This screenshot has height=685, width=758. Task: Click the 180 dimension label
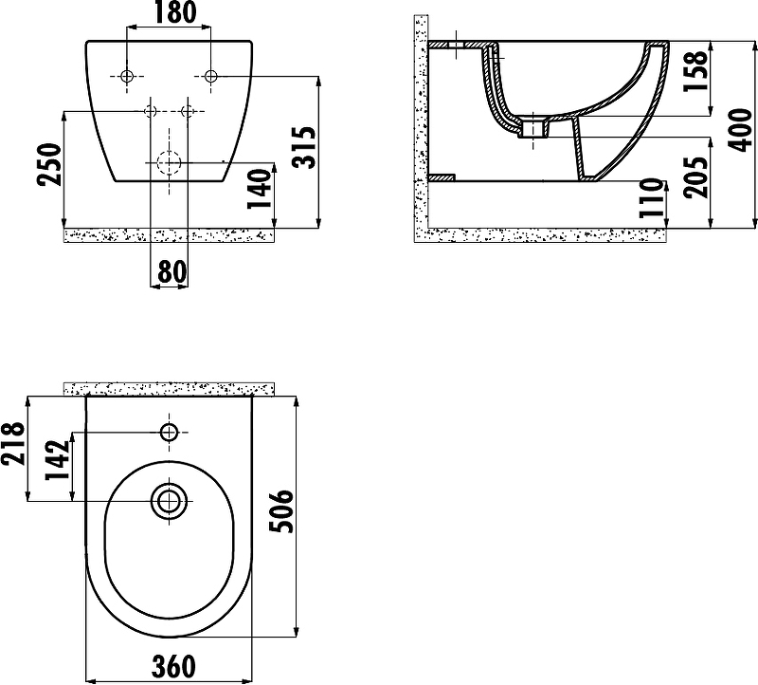click(x=175, y=12)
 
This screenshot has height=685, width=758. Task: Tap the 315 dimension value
click(x=304, y=148)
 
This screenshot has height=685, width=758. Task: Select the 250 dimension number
click(x=49, y=164)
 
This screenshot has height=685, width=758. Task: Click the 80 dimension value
click(x=171, y=271)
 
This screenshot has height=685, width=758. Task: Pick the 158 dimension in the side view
click(x=695, y=71)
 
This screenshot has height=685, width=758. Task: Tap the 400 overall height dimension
click(x=740, y=130)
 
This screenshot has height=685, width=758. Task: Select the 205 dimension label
click(x=695, y=177)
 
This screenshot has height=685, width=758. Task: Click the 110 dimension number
click(x=650, y=198)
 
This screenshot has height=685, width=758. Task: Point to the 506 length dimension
click(x=280, y=511)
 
